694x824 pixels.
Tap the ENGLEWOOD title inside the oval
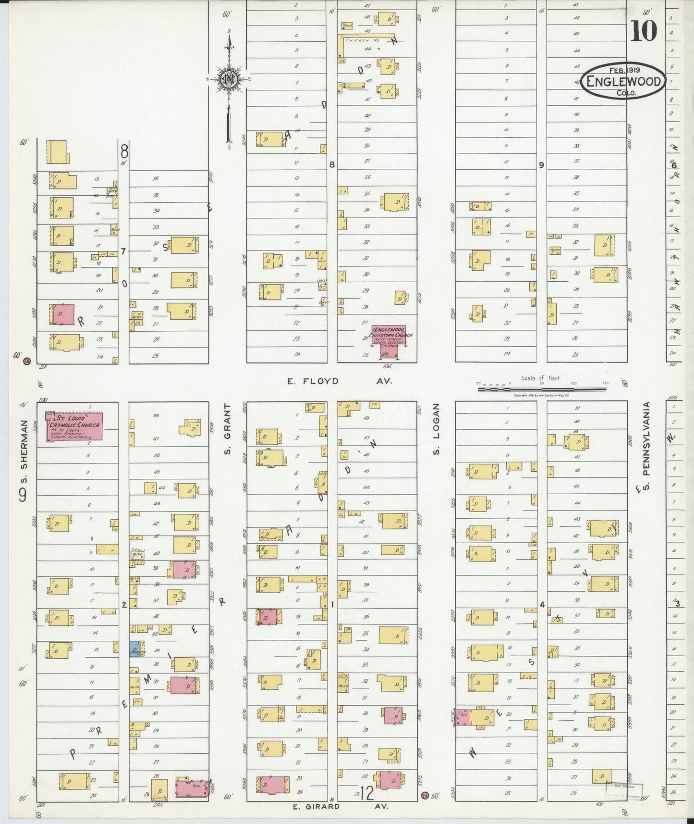[624, 82]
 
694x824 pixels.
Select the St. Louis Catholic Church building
[75, 426]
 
